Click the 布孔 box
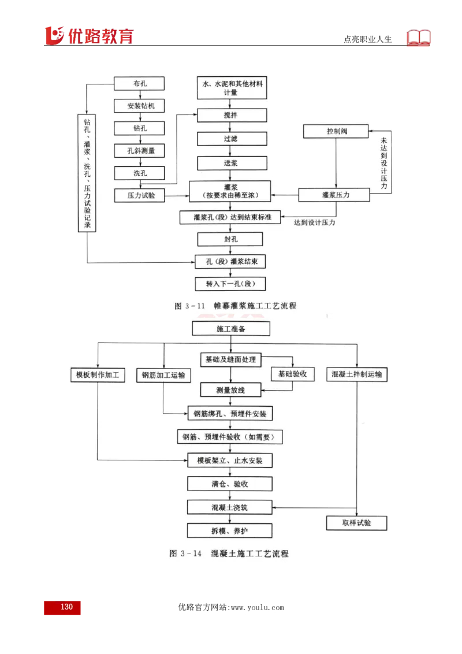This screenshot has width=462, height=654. point(139,84)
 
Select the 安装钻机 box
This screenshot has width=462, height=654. point(139,106)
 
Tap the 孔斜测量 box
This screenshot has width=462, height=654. point(139,151)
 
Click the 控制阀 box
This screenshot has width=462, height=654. point(336,132)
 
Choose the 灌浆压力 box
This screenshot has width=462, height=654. point(336,195)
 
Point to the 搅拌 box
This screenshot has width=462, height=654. point(232,116)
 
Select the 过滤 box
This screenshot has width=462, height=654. point(232,139)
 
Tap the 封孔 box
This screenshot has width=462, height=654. point(230,239)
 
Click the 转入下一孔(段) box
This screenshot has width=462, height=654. point(230,284)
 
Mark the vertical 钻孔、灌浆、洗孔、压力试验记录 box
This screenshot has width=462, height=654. point(87,173)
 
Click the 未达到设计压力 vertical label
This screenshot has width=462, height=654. point(384,163)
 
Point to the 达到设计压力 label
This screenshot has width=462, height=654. point(315,222)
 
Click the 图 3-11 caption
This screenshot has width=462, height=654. point(236,306)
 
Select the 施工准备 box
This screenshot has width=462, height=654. point(231,329)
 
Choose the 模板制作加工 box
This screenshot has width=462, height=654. point(98,375)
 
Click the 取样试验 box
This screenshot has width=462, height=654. point(356,523)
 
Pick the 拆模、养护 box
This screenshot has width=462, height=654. point(230,530)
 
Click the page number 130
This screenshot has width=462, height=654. point(62,607)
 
